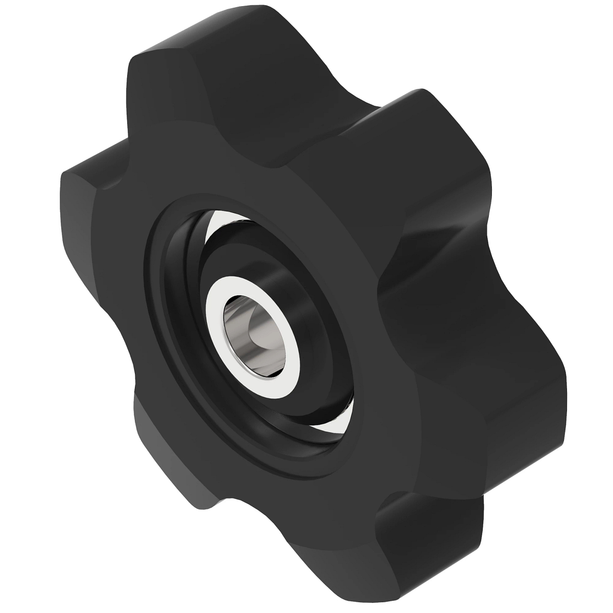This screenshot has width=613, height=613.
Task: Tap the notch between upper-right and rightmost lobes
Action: click(x=434, y=255)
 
